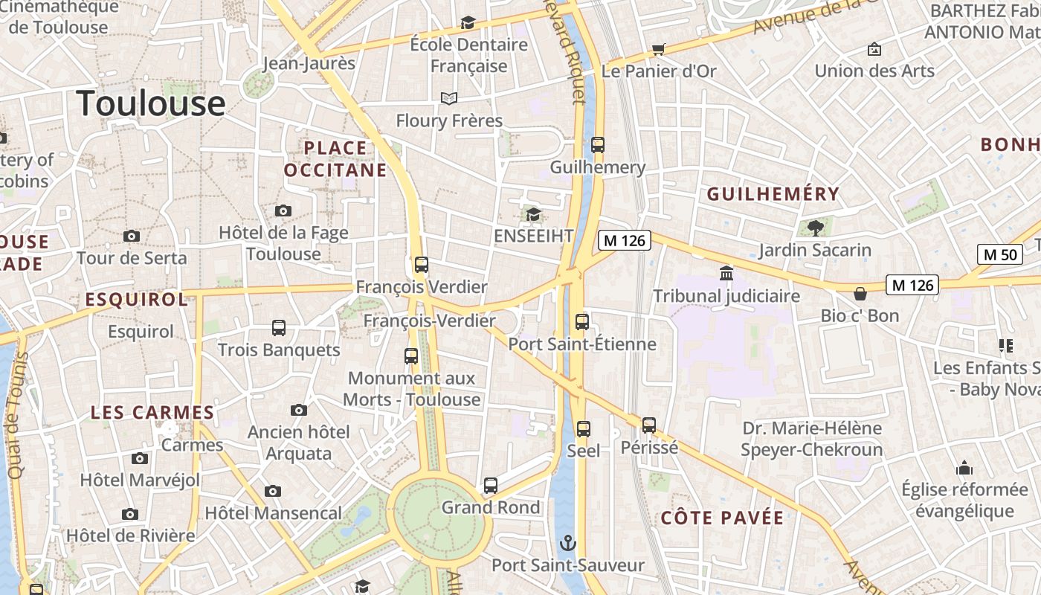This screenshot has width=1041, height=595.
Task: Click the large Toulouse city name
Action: click(151, 103)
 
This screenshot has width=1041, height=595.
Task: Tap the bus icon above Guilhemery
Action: click(598, 145)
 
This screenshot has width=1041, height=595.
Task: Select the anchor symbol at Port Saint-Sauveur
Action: click(568, 543)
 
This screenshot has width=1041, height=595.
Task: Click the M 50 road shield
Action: click(999, 254)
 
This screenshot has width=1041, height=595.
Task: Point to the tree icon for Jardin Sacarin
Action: click(815, 227)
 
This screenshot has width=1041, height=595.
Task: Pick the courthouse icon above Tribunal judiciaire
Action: click(726, 273)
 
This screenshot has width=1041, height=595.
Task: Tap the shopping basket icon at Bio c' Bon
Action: click(860, 293)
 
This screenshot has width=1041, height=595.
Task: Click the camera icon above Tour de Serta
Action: click(132, 236)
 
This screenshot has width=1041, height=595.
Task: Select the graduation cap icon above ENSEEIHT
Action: click(533, 215)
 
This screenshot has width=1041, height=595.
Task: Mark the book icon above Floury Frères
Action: click(449, 98)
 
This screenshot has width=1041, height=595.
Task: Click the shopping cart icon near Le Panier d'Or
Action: click(658, 49)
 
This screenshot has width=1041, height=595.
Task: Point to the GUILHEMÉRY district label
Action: click(773, 194)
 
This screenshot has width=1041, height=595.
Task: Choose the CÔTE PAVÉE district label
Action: click(722, 518)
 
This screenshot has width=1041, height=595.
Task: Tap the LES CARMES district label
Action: click(152, 412)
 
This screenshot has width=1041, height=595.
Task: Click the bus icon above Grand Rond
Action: click(491, 486)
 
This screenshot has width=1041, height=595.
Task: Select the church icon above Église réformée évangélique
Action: click(964, 468)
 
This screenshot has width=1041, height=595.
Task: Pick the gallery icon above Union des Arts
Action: click(874, 49)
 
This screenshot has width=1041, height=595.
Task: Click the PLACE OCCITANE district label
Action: click(335, 159)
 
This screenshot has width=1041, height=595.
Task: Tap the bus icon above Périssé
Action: click(649, 425)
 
